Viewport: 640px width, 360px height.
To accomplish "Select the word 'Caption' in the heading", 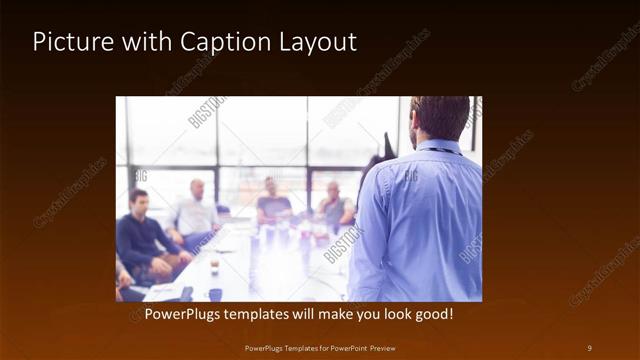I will pyautogui.click(x=219, y=42).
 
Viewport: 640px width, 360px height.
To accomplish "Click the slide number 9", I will pyautogui.click(x=589, y=347).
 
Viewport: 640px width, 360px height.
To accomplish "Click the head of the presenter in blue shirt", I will pyautogui.click(x=439, y=118).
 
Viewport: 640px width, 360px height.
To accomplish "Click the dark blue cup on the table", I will pyautogui.click(x=215, y=294).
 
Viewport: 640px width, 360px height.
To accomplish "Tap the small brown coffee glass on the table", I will pyautogui.click(x=214, y=266).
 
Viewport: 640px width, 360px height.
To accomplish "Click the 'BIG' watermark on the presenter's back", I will pyautogui.click(x=411, y=176).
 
